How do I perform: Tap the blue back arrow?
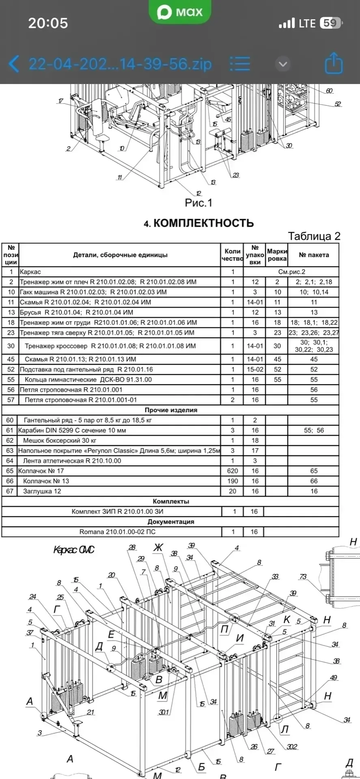tap(14, 64)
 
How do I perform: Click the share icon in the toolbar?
tap(334, 63)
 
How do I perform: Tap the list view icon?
tap(240, 64)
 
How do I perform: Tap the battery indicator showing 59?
tap(330, 23)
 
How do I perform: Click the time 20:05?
tap(48, 23)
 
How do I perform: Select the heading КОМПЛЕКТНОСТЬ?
tap(199, 223)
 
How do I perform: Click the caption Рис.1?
tap(198, 203)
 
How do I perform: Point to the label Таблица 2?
tap(314, 236)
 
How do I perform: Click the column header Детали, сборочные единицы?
tap(120, 255)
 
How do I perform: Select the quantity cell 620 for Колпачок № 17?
tap(233, 471)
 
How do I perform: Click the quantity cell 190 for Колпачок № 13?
tap(233, 481)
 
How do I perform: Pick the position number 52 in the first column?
tap(11, 370)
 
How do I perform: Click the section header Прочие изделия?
tap(171, 410)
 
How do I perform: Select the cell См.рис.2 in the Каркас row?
tap(291, 272)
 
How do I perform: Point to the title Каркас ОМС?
tap(73, 550)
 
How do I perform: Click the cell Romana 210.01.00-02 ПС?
tap(117, 532)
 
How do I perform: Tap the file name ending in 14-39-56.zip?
tap(120, 64)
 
